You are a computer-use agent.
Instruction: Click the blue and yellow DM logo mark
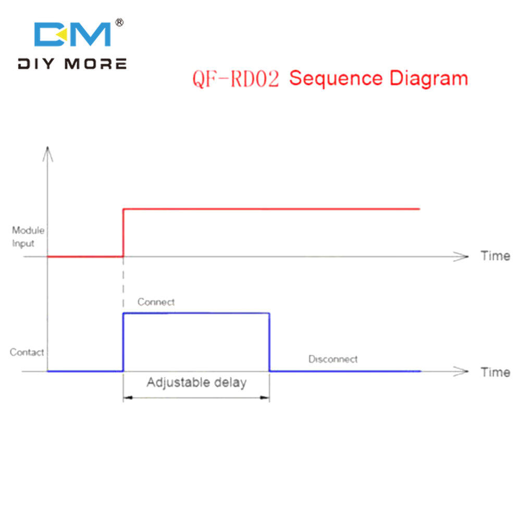click(x=72, y=34)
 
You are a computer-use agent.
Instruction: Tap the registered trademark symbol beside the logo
click(x=119, y=22)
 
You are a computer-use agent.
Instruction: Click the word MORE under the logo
click(x=96, y=64)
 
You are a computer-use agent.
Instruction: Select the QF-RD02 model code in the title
click(x=235, y=79)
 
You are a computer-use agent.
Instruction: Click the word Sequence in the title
click(x=336, y=79)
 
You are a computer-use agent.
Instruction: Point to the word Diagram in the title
click(x=429, y=79)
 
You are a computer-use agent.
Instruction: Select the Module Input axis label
click(x=28, y=237)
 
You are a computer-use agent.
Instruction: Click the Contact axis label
click(x=27, y=352)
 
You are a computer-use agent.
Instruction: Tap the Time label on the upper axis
click(x=495, y=256)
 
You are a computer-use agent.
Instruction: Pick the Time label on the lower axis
click(x=495, y=372)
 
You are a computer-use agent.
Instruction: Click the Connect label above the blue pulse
click(x=156, y=302)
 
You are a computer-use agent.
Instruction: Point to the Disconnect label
click(x=333, y=359)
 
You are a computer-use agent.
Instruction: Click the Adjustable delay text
click(x=197, y=382)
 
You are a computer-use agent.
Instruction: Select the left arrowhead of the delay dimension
click(x=128, y=398)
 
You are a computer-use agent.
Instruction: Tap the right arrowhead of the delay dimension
click(x=265, y=398)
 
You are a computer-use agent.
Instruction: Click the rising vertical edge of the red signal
click(x=123, y=232)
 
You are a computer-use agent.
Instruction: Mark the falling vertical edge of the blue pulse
click(x=269, y=342)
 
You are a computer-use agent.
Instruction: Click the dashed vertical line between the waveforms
click(x=123, y=282)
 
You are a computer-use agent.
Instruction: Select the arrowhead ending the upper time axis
click(x=461, y=256)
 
